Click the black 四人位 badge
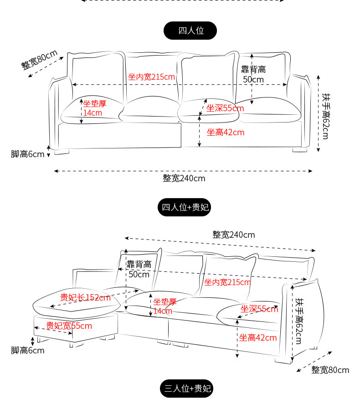[190, 31]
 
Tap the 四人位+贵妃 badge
[184, 207]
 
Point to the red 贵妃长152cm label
[85, 297]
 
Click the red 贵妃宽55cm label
[69, 326]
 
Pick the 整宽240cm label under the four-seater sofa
[184, 178]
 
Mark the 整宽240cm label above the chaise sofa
[233, 235]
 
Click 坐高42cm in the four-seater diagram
[226, 133]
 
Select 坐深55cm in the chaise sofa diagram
[259, 309]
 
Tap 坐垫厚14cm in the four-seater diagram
[94, 108]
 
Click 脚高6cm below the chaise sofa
[28, 350]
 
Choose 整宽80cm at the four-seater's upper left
[39, 60]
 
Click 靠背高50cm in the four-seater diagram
[253, 74]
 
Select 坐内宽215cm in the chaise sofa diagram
[227, 282]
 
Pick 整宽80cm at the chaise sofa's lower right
[330, 370]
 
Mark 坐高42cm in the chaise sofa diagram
[258, 337]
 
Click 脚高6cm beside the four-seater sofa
[28, 154]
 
